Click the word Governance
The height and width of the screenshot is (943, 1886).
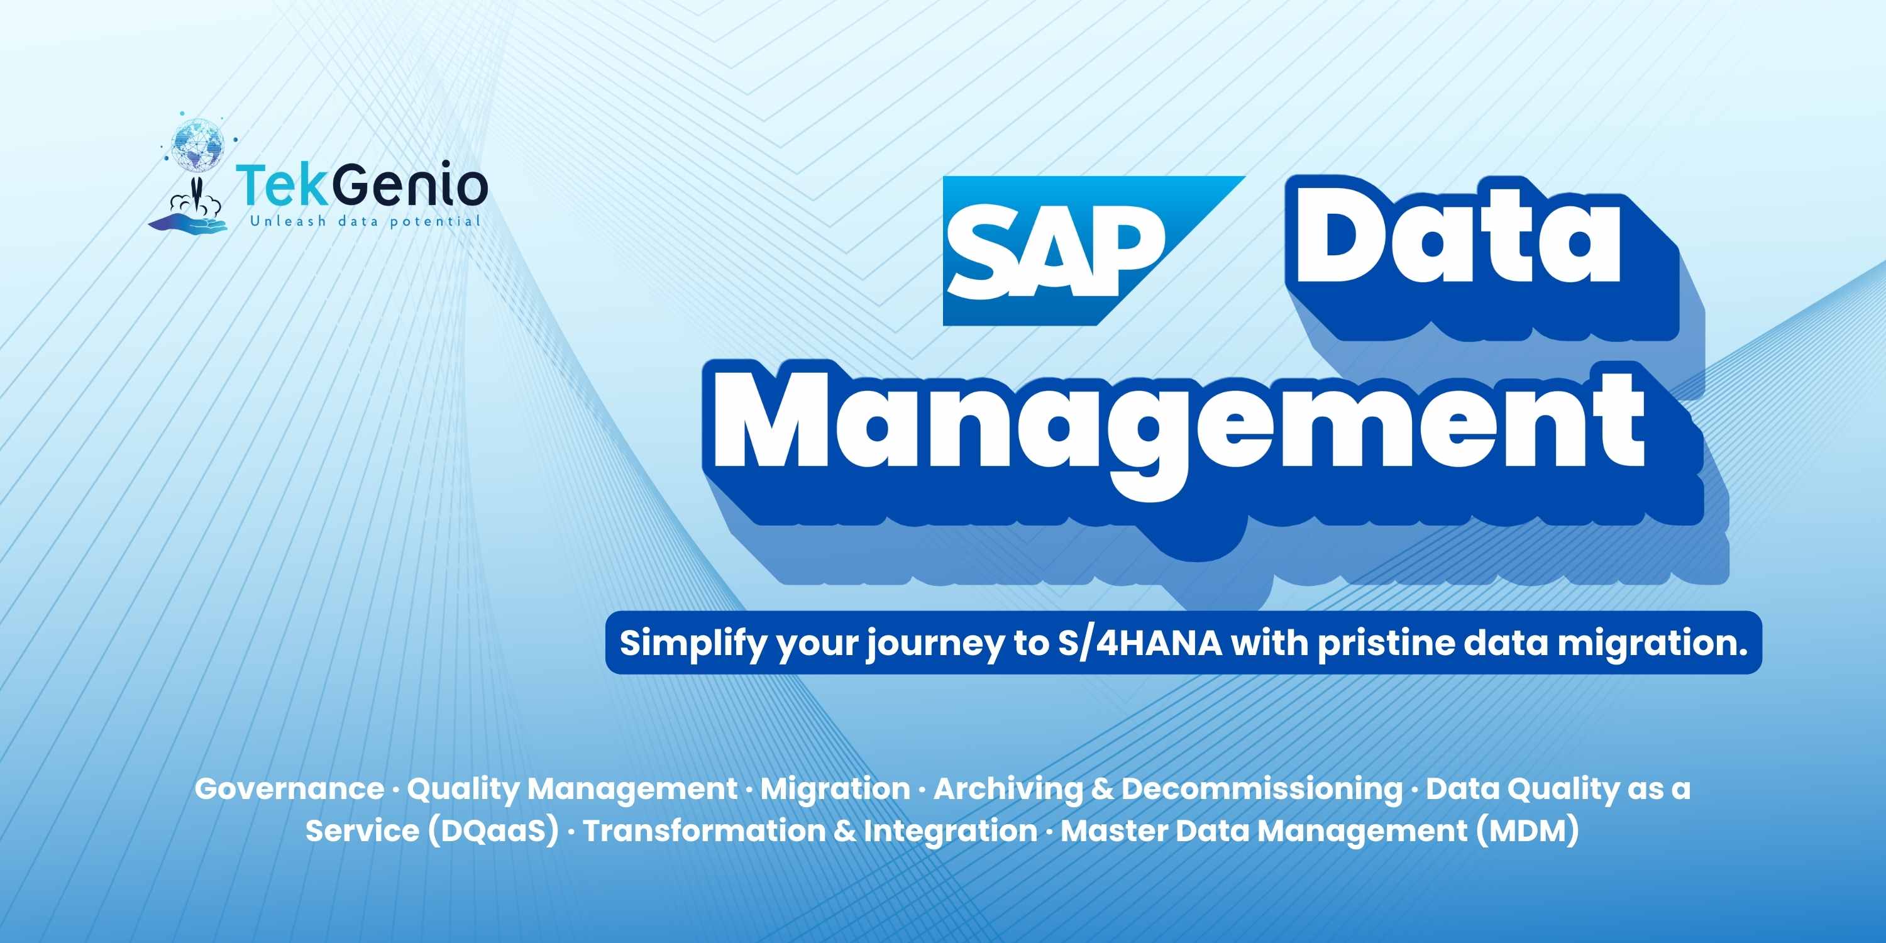289,788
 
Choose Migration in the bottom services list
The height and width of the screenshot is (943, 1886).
835,788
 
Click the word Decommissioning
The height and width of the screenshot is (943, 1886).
1262,789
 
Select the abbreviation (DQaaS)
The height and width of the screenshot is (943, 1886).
494,831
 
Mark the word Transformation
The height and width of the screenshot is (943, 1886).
703,830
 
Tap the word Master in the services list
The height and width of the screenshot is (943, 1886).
1113,831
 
